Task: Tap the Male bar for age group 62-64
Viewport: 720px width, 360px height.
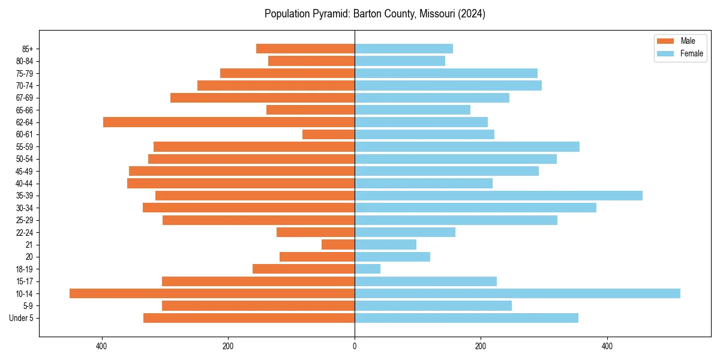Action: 229,122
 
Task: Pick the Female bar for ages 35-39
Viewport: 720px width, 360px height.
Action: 499,196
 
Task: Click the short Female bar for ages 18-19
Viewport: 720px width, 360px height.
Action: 367,269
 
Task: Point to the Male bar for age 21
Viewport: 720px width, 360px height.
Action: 338,245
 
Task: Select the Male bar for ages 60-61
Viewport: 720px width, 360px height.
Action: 328,134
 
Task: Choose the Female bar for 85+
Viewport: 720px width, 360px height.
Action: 404,49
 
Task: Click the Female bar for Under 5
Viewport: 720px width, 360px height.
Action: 466,318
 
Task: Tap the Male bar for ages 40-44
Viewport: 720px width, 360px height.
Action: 241,184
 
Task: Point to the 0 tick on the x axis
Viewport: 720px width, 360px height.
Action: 355,346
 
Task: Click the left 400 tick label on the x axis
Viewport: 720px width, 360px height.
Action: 101,346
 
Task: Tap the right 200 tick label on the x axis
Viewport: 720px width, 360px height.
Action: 481,346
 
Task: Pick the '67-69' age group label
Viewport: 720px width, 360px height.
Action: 25,98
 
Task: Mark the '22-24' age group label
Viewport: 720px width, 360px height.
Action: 25,232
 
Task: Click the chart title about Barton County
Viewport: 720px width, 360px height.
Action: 375,14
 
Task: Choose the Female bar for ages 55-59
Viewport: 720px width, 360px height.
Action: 467,147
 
